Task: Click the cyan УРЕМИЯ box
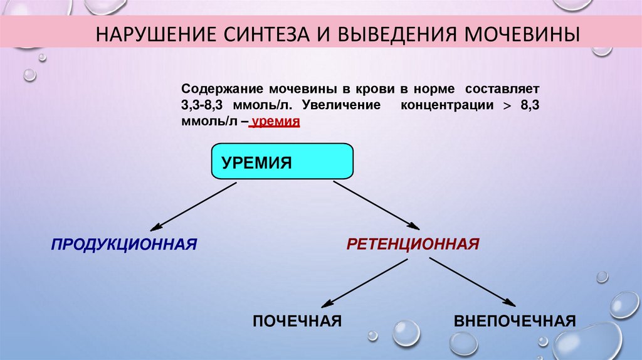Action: click(x=282, y=162)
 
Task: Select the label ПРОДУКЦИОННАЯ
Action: click(x=124, y=243)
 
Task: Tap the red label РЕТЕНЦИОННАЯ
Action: click(x=413, y=243)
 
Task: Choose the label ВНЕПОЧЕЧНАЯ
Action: click(x=514, y=321)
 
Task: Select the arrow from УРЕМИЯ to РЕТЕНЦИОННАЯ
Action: click(x=375, y=204)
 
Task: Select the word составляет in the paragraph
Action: click(x=507, y=89)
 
